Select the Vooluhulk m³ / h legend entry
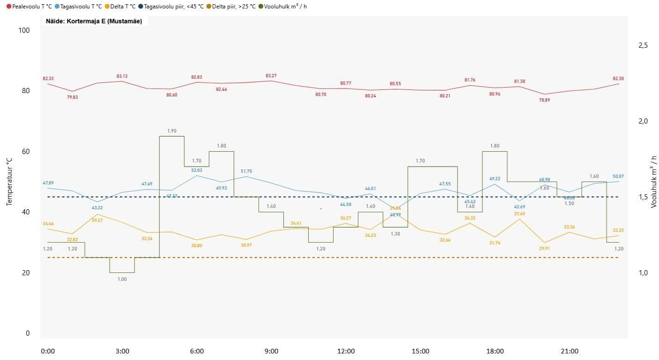point(285,7)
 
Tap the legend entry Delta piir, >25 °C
point(234,7)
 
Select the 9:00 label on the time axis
point(271,351)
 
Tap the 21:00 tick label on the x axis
point(570,351)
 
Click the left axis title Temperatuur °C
point(9,181)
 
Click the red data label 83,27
point(271,76)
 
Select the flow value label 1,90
point(171,131)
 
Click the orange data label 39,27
point(97,220)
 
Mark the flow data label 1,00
point(122,279)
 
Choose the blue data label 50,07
point(619,176)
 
